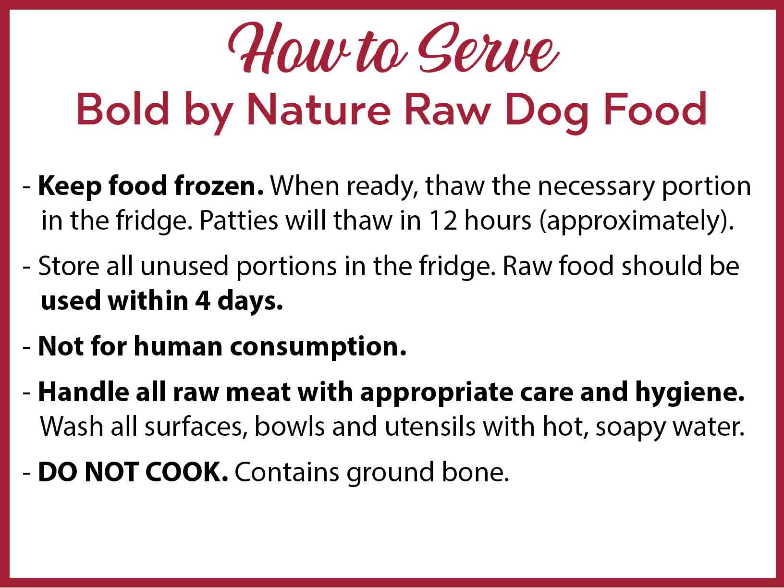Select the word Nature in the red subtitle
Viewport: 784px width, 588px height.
click(318, 109)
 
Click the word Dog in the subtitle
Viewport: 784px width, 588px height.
click(547, 112)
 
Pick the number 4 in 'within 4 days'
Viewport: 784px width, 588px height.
click(203, 301)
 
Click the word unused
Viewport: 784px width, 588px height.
click(184, 266)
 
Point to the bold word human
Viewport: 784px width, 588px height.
click(178, 346)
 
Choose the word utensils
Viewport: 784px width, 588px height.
click(430, 426)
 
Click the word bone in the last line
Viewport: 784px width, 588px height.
click(475, 472)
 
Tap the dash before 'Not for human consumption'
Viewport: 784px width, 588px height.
click(27, 348)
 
